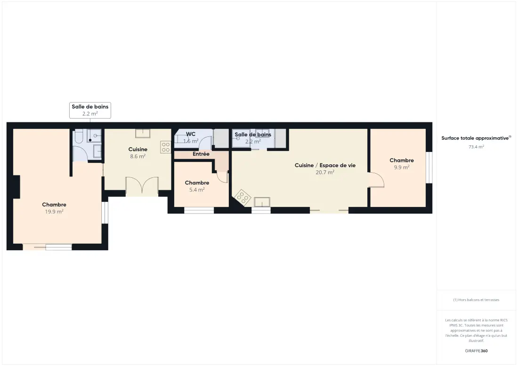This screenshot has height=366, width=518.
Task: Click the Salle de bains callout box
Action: coord(90,110)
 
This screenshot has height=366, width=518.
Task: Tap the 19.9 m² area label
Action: coord(54,212)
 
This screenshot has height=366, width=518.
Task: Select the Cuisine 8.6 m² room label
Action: coord(138,153)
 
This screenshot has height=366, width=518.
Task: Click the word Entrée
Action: coord(201,154)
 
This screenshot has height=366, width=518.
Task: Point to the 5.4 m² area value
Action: coord(197,190)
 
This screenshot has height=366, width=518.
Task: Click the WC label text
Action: coord(191,134)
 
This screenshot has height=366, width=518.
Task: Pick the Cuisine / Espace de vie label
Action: coord(325,165)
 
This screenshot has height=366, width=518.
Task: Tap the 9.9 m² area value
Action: coord(402,167)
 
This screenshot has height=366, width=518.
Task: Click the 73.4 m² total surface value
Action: coord(477,147)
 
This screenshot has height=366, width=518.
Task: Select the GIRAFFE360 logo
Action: coord(477,351)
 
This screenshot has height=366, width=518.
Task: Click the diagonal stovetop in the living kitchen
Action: coord(243,198)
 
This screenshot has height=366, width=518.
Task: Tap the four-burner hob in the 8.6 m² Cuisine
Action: coord(166,147)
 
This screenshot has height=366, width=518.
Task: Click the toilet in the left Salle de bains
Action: coord(79,136)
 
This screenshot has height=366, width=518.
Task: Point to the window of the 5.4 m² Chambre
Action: coord(199,210)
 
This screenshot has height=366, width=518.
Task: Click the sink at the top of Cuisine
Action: coord(143,133)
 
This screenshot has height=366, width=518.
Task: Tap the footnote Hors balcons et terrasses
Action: coord(477,300)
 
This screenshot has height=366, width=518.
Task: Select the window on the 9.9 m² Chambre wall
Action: coord(429,167)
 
